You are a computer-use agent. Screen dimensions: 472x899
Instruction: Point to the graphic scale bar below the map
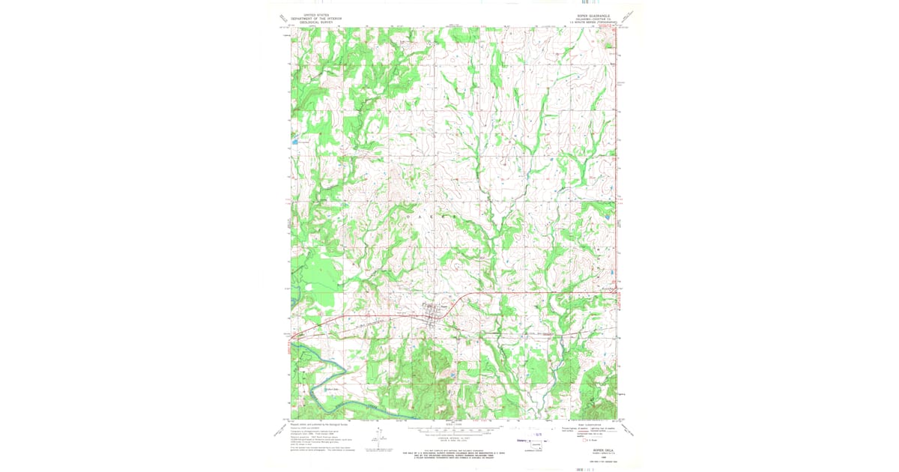pos(449,430)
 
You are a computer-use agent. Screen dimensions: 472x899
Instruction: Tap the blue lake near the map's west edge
pos(296,140)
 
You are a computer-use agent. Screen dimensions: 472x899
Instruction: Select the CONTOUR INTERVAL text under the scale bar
pos(449,438)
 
